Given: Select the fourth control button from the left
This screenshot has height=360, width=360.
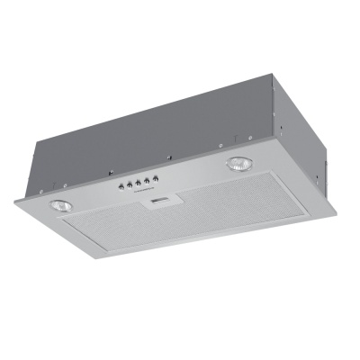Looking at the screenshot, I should [144, 182].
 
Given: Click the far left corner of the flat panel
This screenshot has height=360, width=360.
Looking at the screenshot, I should [15, 203].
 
